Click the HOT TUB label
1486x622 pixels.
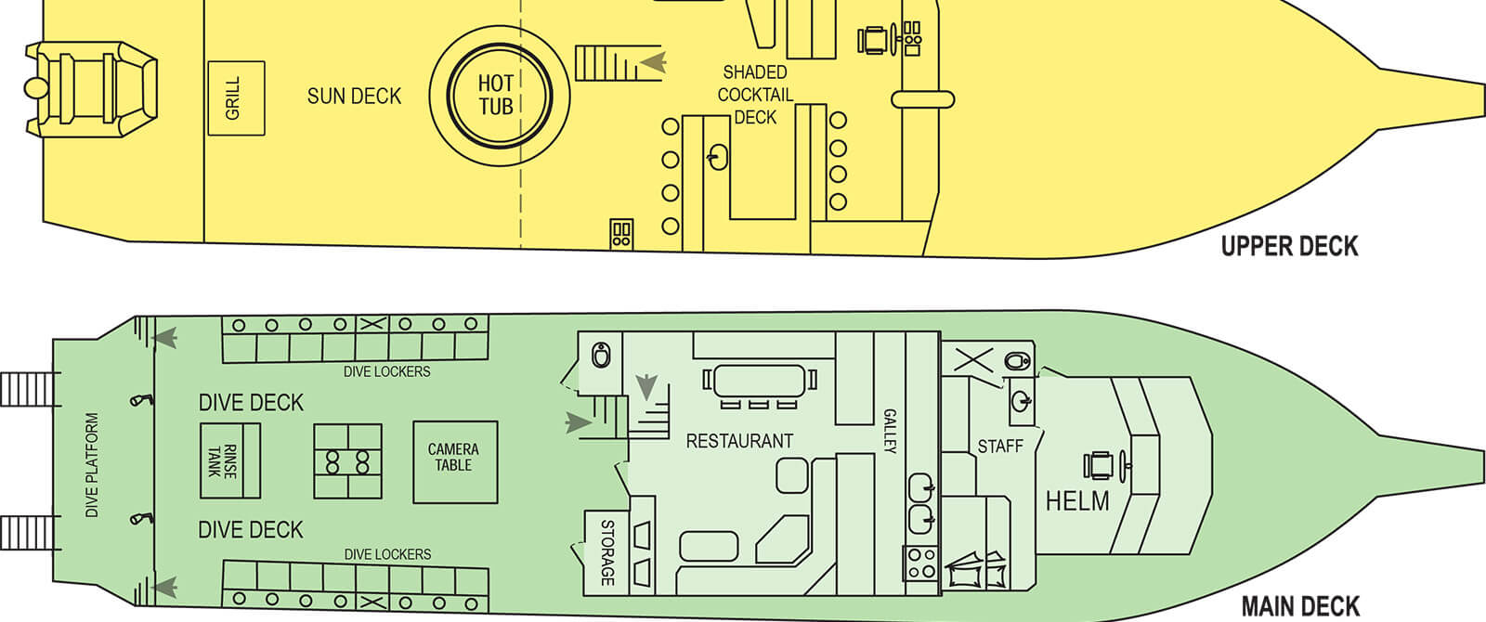coord(496,95)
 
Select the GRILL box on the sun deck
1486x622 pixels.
coord(236,98)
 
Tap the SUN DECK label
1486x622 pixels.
coord(354,97)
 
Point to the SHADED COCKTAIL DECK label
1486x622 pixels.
coord(755,95)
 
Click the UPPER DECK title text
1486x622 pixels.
coord(1289,246)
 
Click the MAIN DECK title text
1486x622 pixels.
coord(1300,606)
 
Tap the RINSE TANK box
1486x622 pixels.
coord(229,460)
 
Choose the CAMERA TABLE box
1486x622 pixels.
coord(454,461)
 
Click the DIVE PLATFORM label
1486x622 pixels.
coord(92,465)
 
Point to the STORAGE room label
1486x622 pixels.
coord(607,552)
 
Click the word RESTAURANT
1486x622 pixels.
coord(739,441)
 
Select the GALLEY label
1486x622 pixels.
coord(890,431)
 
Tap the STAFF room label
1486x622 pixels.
coord(999,447)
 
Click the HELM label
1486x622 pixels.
coord(1077,501)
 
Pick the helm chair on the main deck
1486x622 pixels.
coord(1102,465)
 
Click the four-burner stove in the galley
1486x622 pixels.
coord(921,564)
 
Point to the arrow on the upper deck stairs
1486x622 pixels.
coord(653,62)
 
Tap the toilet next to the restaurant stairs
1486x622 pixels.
coord(601,355)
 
